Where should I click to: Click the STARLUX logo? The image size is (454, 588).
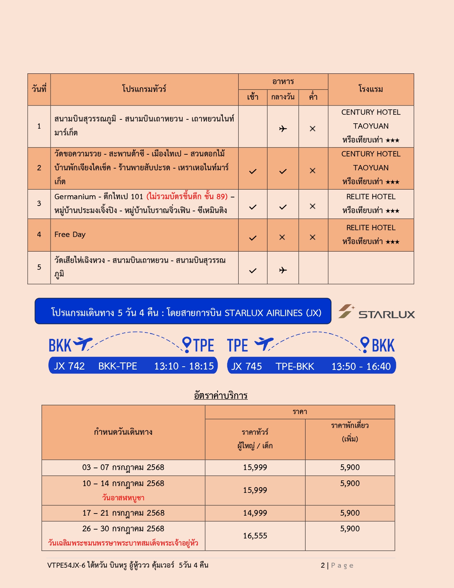376,312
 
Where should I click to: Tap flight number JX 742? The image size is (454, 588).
69,366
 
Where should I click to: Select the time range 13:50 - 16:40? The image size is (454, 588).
361,366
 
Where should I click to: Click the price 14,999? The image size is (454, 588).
255,513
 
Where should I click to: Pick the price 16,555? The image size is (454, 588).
255,536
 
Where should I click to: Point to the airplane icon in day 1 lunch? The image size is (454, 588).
283,129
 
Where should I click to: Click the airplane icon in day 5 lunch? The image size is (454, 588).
283,270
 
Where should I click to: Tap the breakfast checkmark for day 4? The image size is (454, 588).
252,238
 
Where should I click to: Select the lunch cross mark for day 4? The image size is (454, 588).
282,237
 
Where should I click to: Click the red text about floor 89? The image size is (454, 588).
187,196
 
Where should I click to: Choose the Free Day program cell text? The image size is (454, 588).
70,234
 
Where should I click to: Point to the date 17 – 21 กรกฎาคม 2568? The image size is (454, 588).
123,513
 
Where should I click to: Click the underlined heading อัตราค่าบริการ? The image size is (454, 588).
221,395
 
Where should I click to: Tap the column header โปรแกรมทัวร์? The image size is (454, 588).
144,89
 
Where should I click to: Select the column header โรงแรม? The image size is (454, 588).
371,89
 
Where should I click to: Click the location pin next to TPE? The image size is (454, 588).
186,344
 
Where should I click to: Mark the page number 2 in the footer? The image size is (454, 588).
323,565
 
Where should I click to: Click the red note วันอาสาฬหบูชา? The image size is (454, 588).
123,497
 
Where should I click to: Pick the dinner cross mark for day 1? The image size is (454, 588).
313,129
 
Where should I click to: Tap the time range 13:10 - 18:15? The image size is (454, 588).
184,366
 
